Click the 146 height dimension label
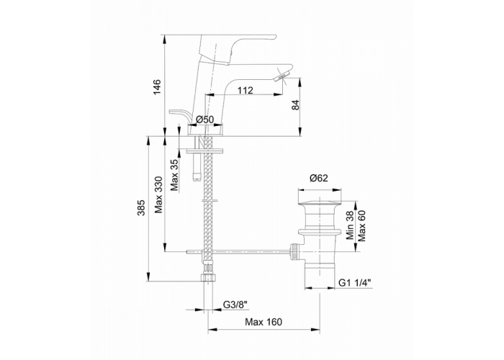[156, 86]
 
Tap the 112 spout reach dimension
[246, 90]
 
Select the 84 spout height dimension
[295, 104]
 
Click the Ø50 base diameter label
[204, 120]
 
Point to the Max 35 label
[174, 175]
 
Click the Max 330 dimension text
[159, 195]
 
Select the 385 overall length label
[141, 208]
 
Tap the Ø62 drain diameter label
[319, 178]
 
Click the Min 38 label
[350, 225]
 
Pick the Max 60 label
[361, 225]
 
